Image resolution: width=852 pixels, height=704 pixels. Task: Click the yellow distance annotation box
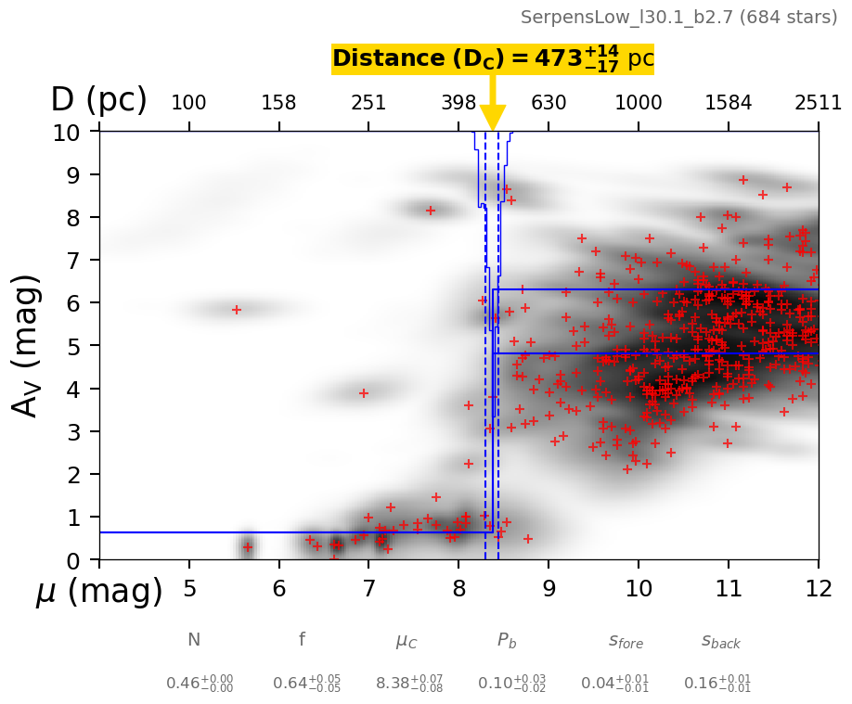[x=493, y=58]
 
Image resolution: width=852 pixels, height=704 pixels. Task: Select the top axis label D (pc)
[x=98, y=100]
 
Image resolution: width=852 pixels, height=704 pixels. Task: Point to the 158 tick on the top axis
[x=278, y=103]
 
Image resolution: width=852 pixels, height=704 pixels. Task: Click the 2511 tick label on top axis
[x=818, y=103]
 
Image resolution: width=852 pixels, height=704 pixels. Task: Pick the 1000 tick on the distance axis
[x=639, y=103]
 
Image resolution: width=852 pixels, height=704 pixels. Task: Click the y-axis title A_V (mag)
[x=27, y=345]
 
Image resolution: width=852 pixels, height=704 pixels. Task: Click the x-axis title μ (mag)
[x=99, y=592]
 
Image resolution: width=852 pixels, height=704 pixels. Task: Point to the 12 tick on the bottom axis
[x=818, y=589]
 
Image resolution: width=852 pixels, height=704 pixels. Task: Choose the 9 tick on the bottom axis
[x=549, y=589]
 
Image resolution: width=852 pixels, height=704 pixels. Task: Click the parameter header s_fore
[x=626, y=640]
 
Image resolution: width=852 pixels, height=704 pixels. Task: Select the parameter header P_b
[x=507, y=640]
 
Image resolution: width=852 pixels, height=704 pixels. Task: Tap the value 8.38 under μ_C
[x=408, y=684]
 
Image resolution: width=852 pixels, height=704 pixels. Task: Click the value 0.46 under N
[x=199, y=684]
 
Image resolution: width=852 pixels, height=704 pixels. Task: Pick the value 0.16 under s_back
[x=716, y=684]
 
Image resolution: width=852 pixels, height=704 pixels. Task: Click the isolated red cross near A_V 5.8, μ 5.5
[x=237, y=310]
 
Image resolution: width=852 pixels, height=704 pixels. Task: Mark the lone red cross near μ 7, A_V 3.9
[x=364, y=393]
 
